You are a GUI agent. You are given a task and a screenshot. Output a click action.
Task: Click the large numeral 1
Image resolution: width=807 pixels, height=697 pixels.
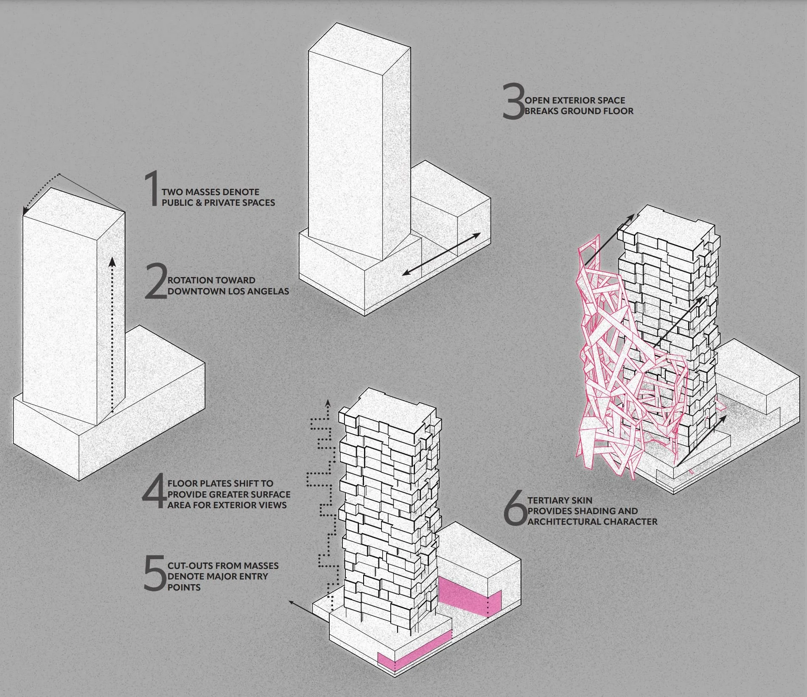coord(151,189)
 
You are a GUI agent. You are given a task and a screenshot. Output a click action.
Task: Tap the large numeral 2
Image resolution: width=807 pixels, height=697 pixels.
coord(155,281)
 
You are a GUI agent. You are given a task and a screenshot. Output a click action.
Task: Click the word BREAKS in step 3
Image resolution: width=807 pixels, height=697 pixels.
coord(541,111)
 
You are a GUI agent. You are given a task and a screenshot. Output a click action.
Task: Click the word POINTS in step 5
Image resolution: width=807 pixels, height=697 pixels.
coord(184,588)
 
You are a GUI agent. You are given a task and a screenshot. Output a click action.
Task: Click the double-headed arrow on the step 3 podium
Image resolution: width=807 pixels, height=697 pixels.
coord(441,254)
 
